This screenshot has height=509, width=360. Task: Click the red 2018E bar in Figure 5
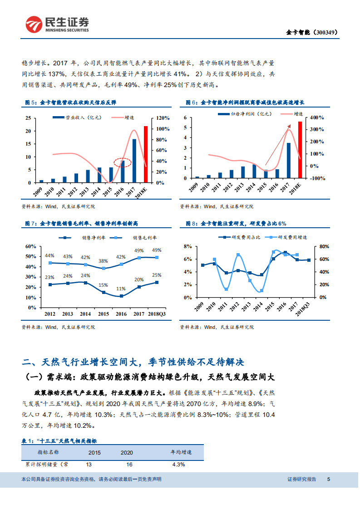click(146, 154)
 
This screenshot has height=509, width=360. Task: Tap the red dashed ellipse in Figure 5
click(123, 162)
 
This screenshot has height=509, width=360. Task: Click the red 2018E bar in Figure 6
click(300, 150)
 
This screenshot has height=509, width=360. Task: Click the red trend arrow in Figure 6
click(277, 148)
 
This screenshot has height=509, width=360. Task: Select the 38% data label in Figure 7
click(104, 261)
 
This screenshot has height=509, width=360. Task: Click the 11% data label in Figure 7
click(121, 289)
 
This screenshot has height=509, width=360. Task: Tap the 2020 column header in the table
click(127, 452)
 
